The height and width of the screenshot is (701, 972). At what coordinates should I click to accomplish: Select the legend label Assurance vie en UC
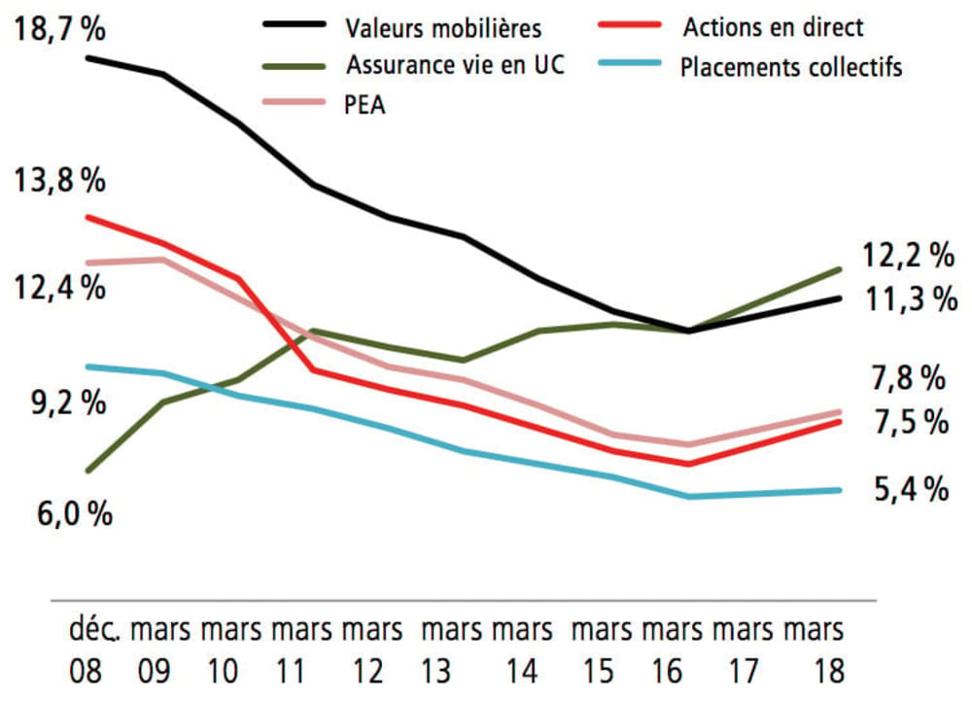[455, 66]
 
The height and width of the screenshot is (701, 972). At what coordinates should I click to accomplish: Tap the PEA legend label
[364, 106]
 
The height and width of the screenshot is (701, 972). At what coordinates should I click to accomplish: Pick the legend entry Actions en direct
[773, 27]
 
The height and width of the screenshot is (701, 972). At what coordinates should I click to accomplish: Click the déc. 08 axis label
[94, 649]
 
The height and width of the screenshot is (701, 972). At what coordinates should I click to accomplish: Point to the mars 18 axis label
[815, 649]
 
